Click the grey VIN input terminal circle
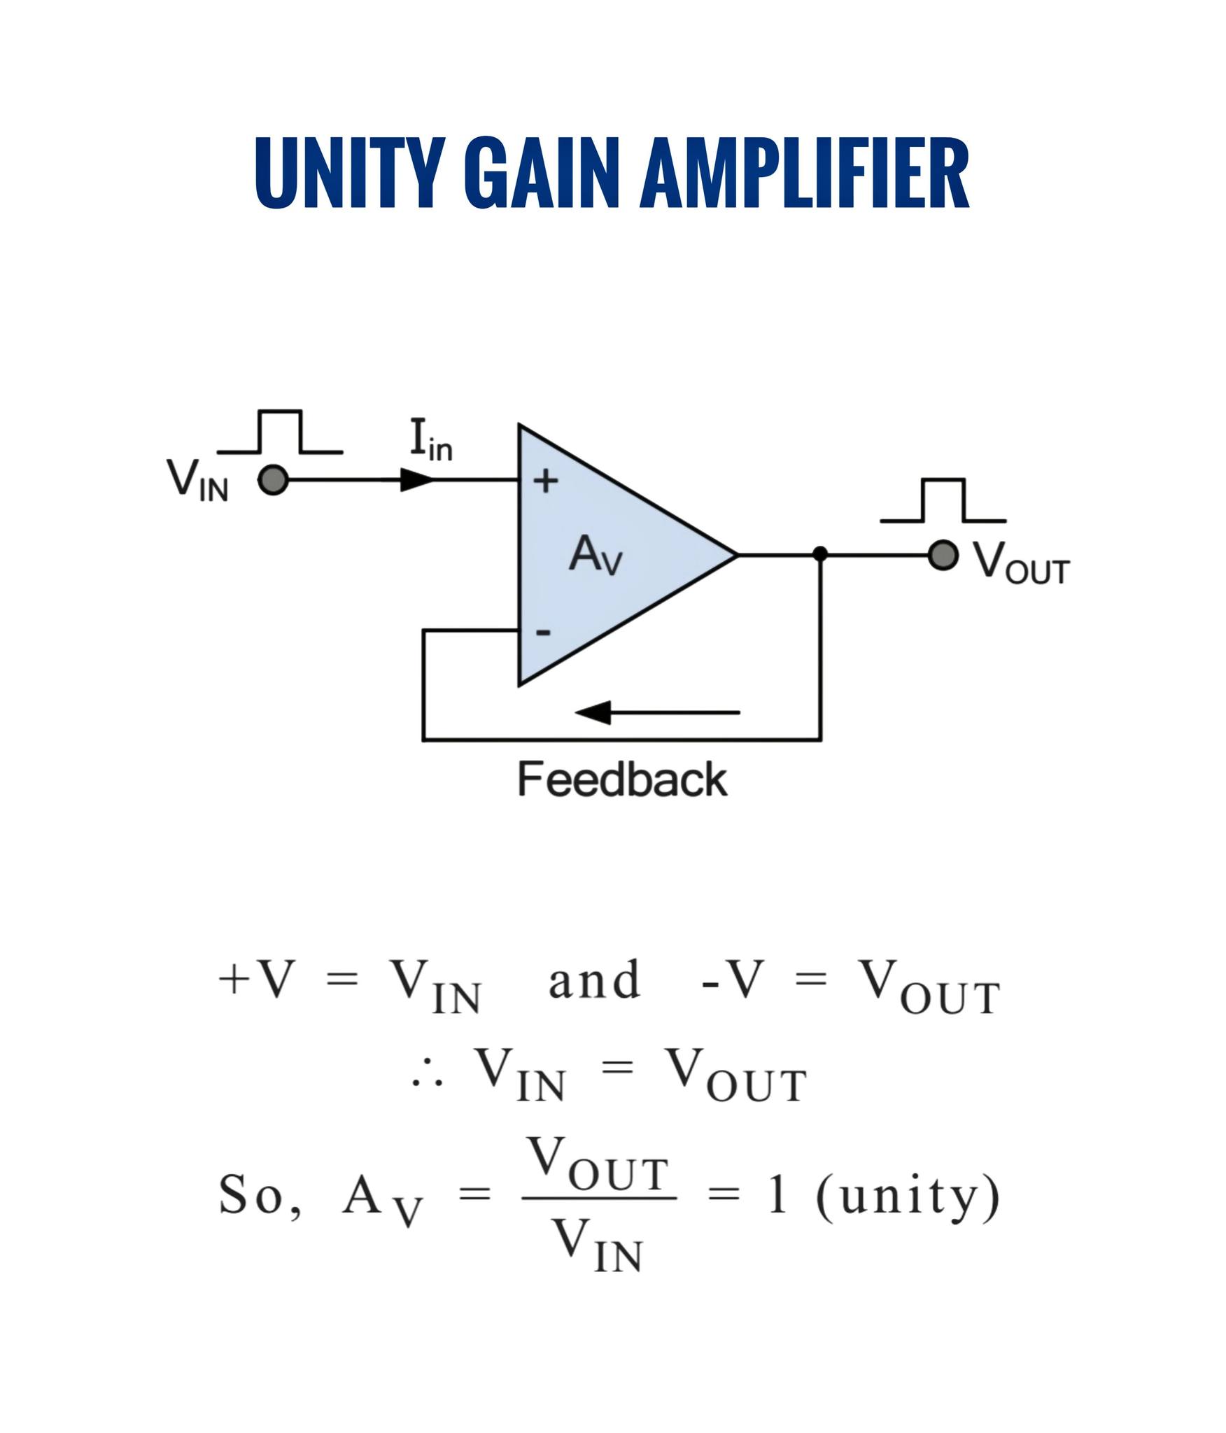[x=273, y=480]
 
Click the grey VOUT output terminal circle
[x=943, y=555]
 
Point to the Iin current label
[x=431, y=439]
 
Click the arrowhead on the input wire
[x=417, y=480]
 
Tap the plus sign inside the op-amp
[x=546, y=481]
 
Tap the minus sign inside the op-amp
[x=543, y=633]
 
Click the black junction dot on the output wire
[x=821, y=554]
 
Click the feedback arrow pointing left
[x=657, y=712]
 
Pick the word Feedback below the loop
[x=622, y=779]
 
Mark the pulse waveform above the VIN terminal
[x=280, y=432]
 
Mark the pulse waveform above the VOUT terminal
[x=943, y=500]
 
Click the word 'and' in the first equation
[x=594, y=980]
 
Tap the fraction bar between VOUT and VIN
[x=600, y=1199]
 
